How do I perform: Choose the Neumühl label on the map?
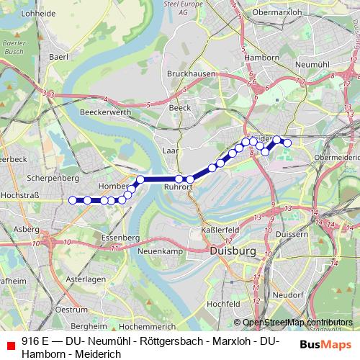pos(311,84)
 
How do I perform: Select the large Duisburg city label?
pos(233,251)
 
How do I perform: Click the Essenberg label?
pos(120,237)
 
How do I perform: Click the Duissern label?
pos(291,234)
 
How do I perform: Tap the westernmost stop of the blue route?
pos(72,200)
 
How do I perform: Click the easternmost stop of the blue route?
pos(287,143)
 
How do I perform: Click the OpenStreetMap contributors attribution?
pos(297,323)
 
